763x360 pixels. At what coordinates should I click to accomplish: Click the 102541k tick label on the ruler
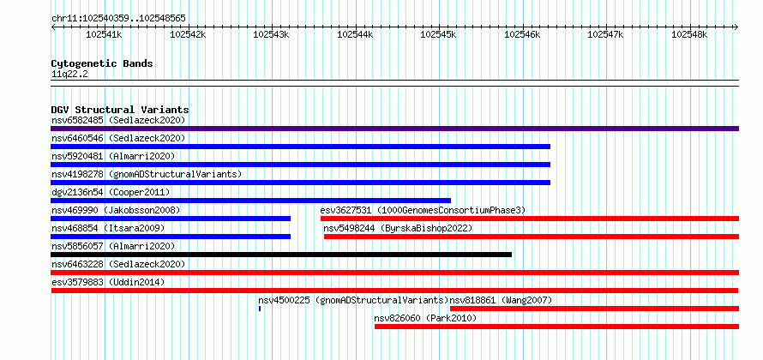tap(104, 34)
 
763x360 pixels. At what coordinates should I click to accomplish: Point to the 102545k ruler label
tap(438, 34)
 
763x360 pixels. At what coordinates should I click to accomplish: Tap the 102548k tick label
tap(689, 34)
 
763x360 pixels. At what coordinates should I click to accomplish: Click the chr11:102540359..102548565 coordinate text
tap(118, 19)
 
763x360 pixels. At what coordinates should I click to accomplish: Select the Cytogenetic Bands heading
tap(102, 63)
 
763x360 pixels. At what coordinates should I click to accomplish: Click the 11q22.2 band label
tap(70, 74)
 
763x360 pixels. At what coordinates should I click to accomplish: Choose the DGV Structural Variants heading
tap(120, 110)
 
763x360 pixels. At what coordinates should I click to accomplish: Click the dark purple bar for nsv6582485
tap(394, 129)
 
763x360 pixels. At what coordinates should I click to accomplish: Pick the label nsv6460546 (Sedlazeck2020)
tap(118, 139)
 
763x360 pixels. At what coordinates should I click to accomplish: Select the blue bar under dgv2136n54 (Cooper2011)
tap(250, 201)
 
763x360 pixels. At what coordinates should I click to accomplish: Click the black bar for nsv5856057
tap(281, 255)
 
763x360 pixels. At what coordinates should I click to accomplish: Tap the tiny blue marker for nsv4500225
tap(260, 309)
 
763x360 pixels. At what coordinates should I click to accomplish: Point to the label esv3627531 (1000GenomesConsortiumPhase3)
tap(423, 211)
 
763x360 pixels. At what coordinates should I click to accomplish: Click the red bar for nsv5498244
tap(532, 237)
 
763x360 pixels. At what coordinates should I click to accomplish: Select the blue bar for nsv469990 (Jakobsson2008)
tap(171, 219)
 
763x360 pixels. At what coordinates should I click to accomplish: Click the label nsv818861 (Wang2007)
tap(501, 301)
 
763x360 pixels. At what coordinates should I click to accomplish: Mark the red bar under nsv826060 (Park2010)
tap(556, 327)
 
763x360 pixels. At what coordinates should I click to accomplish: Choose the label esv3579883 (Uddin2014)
tap(108, 283)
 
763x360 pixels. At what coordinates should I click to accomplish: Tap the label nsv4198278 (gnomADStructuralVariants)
tap(147, 175)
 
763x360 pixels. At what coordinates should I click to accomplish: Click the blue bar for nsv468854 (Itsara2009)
tap(171, 237)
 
